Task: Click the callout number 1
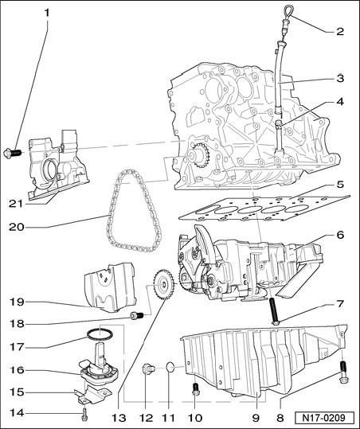[47, 13]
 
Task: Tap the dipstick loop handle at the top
[286, 12]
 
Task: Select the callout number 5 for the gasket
[340, 185]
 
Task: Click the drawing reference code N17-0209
[324, 418]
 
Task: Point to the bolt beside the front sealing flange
[12, 153]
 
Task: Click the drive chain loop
[134, 211]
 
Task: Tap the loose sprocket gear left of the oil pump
[163, 285]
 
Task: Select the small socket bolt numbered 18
[137, 315]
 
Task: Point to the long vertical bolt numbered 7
[274, 311]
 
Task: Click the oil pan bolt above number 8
[343, 372]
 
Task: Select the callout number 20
[17, 228]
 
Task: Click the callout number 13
[119, 418]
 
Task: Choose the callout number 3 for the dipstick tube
[340, 79]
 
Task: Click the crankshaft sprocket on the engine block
[201, 155]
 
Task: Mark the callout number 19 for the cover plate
[17, 302]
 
